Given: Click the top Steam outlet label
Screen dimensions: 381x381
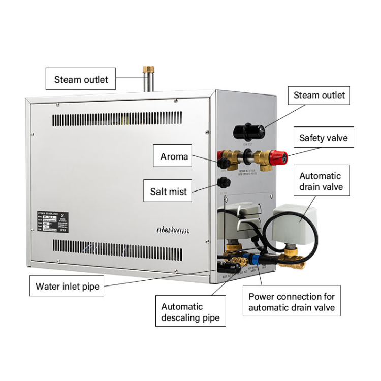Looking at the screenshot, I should pyautogui.click(x=81, y=80).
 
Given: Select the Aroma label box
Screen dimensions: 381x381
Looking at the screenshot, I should pyautogui.click(x=174, y=156).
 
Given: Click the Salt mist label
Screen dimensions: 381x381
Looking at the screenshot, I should pyautogui.click(x=168, y=192).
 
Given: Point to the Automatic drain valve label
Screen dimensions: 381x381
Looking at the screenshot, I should pyautogui.click(x=320, y=181).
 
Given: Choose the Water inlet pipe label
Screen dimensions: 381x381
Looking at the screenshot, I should pyautogui.click(x=67, y=286).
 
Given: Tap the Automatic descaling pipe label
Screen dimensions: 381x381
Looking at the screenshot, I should pyautogui.click(x=190, y=312).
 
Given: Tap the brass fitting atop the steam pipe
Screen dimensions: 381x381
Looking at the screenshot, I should pyautogui.click(x=148, y=69).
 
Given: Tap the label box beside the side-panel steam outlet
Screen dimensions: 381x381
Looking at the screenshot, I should pyautogui.click(x=319, y=95).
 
